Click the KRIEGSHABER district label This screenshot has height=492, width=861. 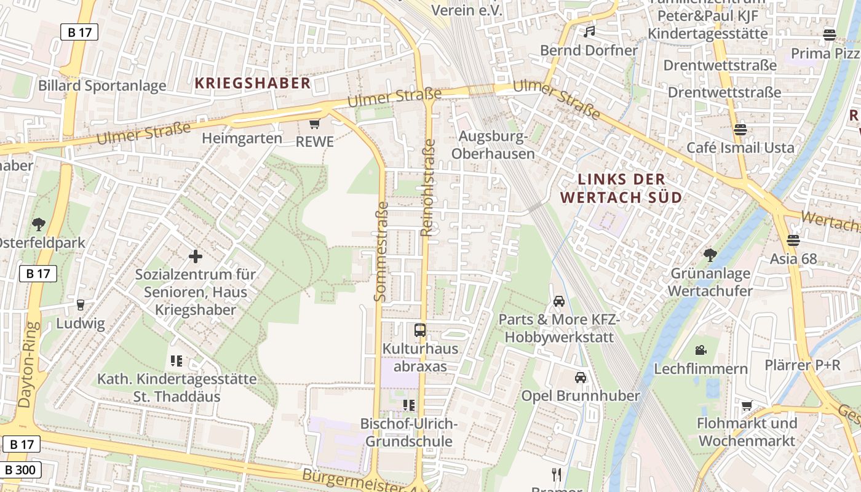pos(253,84)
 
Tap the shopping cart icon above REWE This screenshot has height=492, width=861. pos(315,124)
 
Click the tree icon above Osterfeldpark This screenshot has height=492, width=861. pos(39,224)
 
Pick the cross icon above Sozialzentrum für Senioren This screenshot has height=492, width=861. pos(196,256)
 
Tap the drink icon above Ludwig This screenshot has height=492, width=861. pos(80,304)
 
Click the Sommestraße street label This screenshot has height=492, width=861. pos(381,252)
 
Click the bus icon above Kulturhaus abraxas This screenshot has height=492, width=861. pos(420,330)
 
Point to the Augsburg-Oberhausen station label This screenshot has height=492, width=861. pos(493,145)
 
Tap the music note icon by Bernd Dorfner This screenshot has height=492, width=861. pos(589,31)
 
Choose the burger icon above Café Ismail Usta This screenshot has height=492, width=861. pos(740,130)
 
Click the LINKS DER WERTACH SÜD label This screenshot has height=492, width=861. pos(622,188)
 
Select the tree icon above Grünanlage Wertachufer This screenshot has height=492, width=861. pos(710,255)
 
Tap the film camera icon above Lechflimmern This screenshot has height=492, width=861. pos(700,350)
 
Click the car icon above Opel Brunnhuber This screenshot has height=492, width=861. pos(580,377)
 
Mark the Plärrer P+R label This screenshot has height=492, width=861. pos(802,365)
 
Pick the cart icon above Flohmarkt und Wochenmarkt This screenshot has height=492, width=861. pos(747,405)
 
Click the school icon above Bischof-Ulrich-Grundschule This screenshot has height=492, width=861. pos(408,405)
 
